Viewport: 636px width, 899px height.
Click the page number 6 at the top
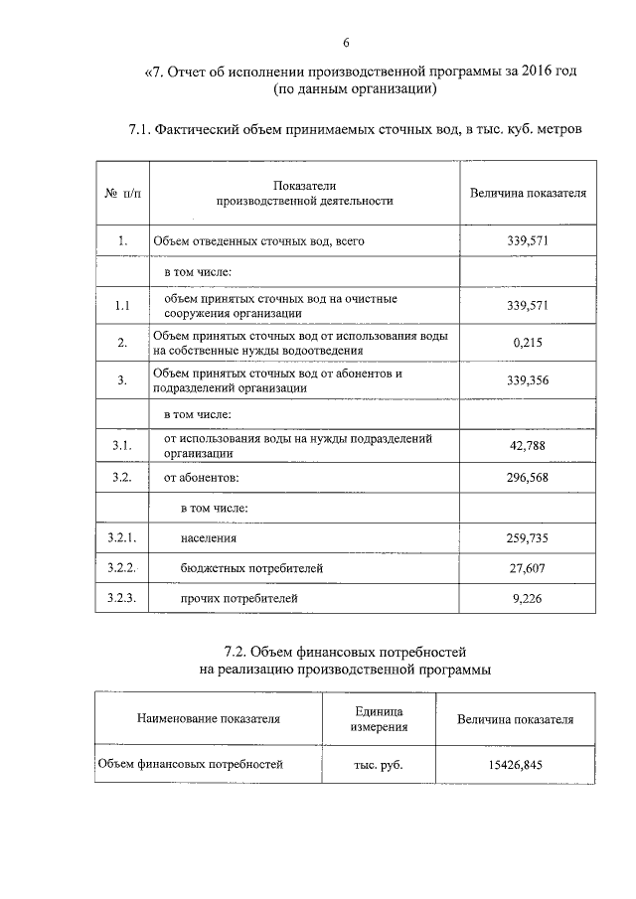coord(346,43)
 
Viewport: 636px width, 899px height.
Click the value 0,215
coord(529,343)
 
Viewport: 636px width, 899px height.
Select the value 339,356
coord(529,380)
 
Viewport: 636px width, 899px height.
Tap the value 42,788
coord(529,445)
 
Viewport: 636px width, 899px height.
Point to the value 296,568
coord(529,477)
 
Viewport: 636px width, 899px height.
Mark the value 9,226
coord(529,598)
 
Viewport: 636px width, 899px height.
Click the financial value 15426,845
coord(515,765)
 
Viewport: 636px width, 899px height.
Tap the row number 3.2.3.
coord(120,598)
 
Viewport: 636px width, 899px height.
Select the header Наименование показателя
coord(209,718)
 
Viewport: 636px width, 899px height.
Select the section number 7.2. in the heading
coord(243,652)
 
